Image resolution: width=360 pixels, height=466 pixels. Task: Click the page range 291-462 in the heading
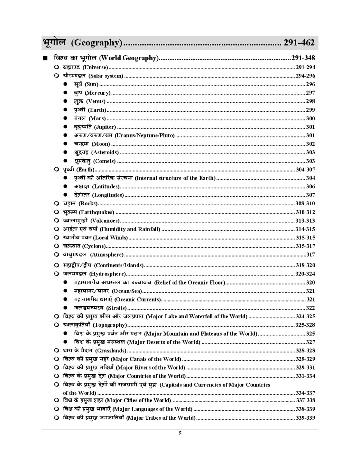pos(299,43)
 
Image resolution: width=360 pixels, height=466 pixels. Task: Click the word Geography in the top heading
pos(96,43)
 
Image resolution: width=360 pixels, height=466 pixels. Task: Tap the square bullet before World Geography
pos(44,58)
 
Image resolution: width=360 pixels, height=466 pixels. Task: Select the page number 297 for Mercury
pos(310,93)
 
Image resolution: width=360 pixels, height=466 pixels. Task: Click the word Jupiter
pos(105,127)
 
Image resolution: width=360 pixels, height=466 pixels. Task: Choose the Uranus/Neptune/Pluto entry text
pos(144,135)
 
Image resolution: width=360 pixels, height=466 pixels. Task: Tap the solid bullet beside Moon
pos(66,144)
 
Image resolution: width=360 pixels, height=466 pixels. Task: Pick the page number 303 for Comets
pos(310,161)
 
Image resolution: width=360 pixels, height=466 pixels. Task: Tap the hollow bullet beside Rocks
pos(57,204)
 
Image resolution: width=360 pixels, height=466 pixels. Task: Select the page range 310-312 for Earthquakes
pos(305,212)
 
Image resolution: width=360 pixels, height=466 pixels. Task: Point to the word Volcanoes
pos(105,221)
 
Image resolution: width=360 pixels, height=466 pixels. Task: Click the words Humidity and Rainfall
pos(130,229)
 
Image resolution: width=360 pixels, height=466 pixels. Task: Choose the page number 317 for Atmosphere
pos(310,255)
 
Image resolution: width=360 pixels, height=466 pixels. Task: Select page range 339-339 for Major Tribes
pos(305,418)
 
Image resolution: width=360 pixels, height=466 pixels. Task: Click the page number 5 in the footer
pos(180,433)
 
